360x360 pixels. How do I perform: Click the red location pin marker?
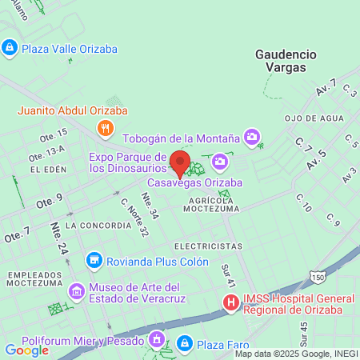[180, 162]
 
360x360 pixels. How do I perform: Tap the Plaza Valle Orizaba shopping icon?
[10, 49]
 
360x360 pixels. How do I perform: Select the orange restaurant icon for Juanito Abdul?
[103, 127]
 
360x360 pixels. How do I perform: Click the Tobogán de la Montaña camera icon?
[253, 137]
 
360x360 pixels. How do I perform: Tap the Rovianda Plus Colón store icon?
[95, 261]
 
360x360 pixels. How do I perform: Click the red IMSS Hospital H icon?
[230, 302]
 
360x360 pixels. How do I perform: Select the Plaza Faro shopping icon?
[185, 343]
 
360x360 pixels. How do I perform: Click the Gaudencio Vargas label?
[286, 61]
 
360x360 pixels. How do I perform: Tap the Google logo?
[26, 350]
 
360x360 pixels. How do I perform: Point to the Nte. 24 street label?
[59, 238]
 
